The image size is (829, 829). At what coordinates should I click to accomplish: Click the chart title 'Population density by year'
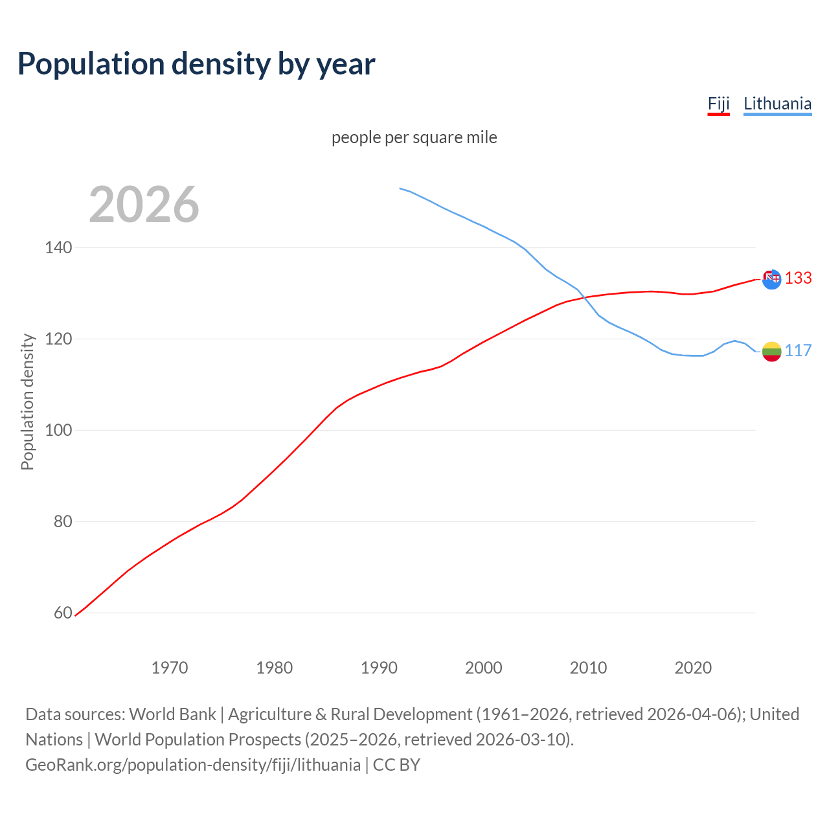point(196,63)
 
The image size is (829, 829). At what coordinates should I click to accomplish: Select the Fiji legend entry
point(718,104)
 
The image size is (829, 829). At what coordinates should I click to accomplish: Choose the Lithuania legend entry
point(777,104)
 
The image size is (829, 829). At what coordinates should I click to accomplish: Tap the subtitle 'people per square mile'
point(414,137)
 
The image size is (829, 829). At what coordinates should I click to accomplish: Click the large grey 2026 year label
point(144,205)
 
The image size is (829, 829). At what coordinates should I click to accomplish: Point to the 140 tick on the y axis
point(58,247)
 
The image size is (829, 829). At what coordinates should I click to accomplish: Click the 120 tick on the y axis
point(58,339)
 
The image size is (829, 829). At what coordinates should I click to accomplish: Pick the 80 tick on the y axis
point(62,521)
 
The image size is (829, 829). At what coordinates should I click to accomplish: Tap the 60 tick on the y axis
point(62,613)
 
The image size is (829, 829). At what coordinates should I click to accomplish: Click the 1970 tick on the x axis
point(170,668)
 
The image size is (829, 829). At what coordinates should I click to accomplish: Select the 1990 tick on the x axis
point(379,668)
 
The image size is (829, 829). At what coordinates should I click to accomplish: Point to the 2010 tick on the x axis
point(588,668)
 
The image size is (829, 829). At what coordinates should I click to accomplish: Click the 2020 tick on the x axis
point(693,668)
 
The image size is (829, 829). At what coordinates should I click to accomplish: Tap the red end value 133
point(798,278)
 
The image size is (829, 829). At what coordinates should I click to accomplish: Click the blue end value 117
point(798,350)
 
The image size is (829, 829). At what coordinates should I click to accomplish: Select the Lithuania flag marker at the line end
point(771,352)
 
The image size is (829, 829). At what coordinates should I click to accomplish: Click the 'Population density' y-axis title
point(27,402)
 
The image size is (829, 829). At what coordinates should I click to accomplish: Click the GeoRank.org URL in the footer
point(193,765)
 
